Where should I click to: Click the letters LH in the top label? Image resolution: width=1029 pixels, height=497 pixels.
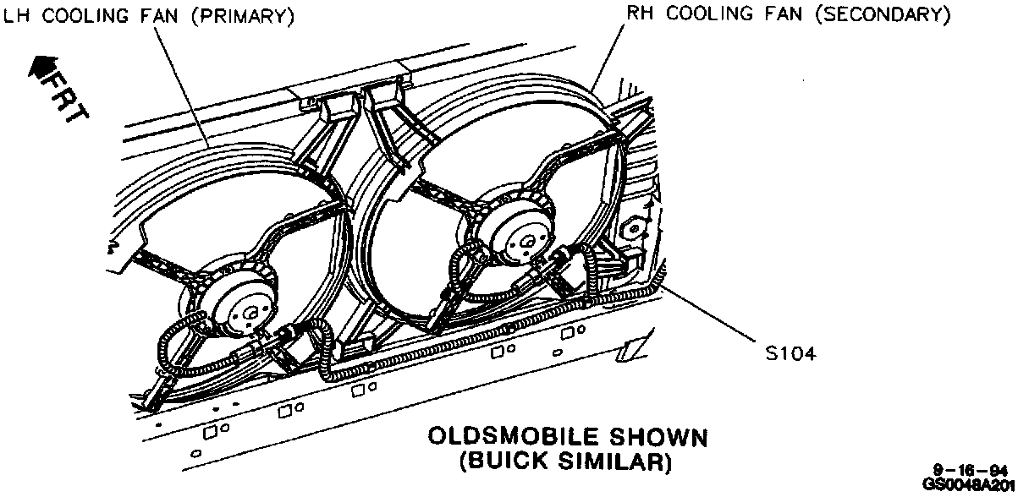pos(14,17)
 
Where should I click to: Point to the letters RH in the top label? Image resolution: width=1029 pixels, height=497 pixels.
pos(639,14)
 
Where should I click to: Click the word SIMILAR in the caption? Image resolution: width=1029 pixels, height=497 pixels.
pos(622,461)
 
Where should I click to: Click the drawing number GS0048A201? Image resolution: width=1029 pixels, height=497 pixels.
pos(969,485)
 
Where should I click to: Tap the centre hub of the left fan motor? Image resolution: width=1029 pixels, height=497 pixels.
pos(250,314)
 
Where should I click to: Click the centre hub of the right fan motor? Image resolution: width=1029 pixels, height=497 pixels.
pos(526,243)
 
